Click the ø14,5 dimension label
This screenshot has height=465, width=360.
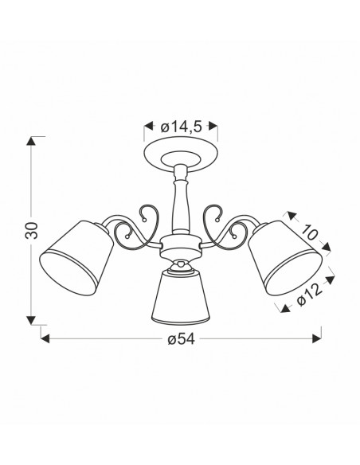181,127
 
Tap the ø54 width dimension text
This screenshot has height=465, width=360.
181,339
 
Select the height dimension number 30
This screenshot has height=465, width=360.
32,230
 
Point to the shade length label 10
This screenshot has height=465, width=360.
309,232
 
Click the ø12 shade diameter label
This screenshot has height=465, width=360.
309,295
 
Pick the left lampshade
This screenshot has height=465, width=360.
76,258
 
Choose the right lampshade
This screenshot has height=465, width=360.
284,258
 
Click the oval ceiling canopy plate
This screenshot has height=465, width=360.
181,155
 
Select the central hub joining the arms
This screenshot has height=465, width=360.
181,246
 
